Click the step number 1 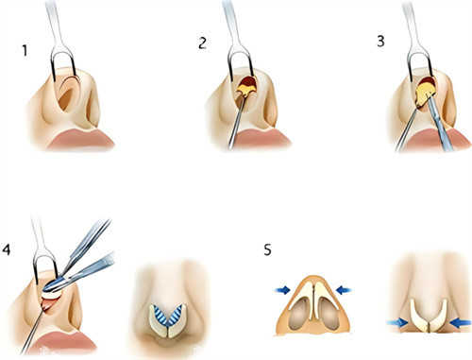[x=25, y=50]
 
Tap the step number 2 [x=202, y=43]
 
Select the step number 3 [x=380, y=41]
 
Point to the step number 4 [x=7, y=249]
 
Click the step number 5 [x=267, y=250]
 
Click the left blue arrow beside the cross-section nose [x=282, y=290]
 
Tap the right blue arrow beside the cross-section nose [x=344, y=290]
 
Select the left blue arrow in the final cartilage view [x=397, y=322]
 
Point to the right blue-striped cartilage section [x=177, y=316]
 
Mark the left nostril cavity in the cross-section [x=299, y=315]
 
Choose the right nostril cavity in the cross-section [x=329, y=315]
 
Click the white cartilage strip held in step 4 [x=52, y=295]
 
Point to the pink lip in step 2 [x=262, y=139]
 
